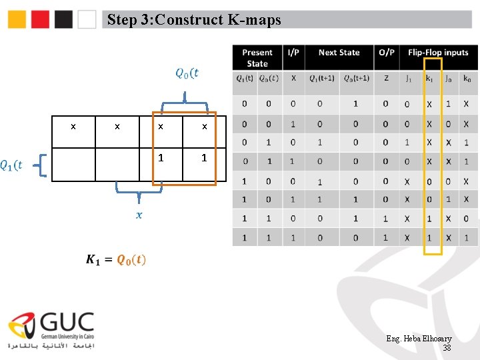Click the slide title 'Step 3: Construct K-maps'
coord(194,20)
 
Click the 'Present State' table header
coord(257,58)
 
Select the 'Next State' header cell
coord(339,53)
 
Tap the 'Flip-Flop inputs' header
coord(438,53)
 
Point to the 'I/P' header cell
coord(293,53)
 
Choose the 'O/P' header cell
coord(386,53)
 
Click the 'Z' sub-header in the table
coord(386,79)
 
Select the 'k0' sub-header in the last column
coord(466,79)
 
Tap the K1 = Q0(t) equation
coord(116,259)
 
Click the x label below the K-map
coord(139,215)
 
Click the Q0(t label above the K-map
coord(187,73)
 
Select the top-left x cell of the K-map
coord(73,127)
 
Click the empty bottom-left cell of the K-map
coord(73,165)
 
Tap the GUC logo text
coord(67,325)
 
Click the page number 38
coord(447,348)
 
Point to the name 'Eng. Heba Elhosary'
coord(419,339)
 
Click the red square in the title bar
coord(41,19)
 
